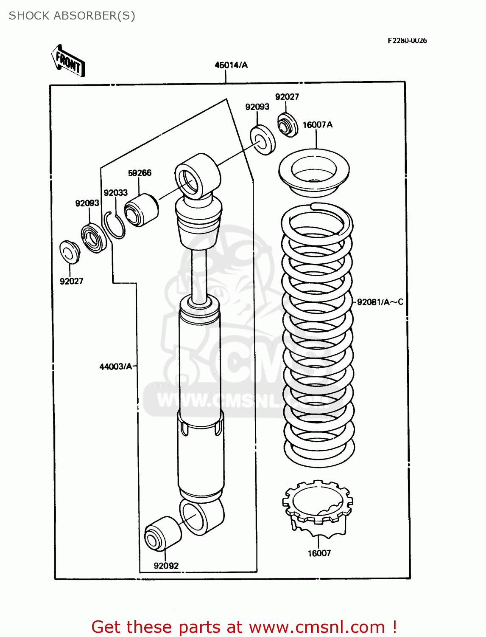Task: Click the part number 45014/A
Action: [231, 65]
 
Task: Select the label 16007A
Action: [317, 124]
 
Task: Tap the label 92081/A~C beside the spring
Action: [380, 302]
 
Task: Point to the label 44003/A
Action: [116, 366]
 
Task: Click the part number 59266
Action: [140, 173]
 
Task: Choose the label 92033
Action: [115, 192]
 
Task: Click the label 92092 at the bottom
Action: [166, 566]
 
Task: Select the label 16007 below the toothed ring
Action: [319, 553]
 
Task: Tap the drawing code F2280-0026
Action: [407, 40]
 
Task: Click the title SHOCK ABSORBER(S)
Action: [72, 16]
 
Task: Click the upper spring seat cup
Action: [314, 172]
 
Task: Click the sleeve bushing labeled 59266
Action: [141, 210]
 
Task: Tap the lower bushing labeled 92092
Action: [162, 534]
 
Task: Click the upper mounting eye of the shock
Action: [197, 176]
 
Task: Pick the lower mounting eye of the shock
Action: [201, 516]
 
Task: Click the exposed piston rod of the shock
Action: [199, 274]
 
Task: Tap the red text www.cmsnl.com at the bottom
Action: [316, 627]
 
